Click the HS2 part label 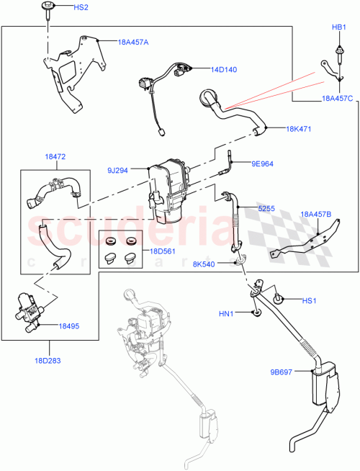point(81,7)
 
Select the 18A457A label point(133,42)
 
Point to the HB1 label point(338,27)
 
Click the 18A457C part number point(337,99)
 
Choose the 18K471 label point(299,129)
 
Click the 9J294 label point(118,171)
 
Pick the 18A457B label point(316,214)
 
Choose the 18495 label point(69,326)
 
